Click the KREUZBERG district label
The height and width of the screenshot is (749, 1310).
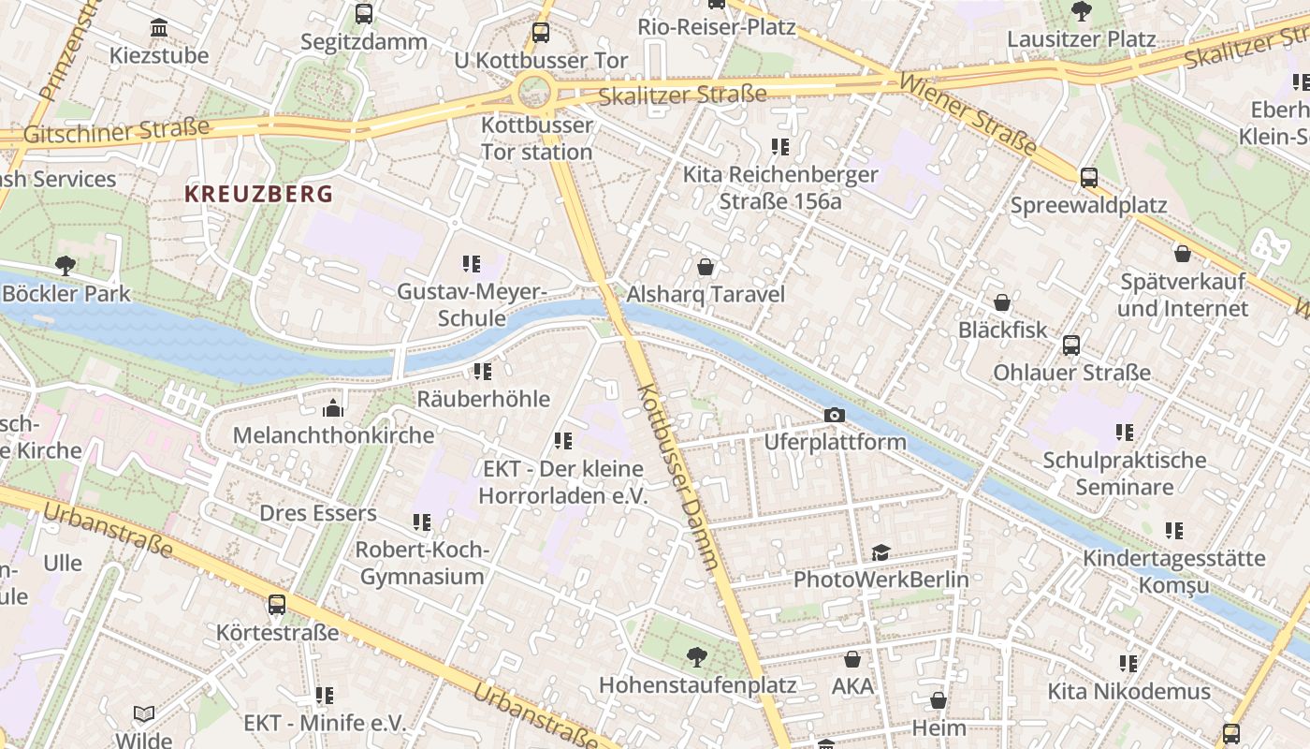point(258,194)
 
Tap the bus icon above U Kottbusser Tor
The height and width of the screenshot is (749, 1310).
point(541,33)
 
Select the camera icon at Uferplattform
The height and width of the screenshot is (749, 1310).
point(835,415)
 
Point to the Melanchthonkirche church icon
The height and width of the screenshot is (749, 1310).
point(332,408)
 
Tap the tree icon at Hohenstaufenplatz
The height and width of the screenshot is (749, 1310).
point(696,656)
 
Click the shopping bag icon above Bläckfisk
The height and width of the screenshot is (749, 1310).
point(1002,302)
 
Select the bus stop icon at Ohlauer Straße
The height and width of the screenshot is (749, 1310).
point(1071,345)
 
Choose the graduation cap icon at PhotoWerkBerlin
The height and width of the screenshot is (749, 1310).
point(881,552)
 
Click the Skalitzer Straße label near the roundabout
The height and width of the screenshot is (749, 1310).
point(682,95)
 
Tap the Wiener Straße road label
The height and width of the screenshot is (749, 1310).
point(968,115)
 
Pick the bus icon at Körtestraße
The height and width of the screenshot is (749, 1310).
point(277,605)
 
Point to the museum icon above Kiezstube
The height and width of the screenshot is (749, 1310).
point(159,28)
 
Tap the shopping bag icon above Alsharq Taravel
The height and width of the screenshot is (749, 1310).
point(706,267)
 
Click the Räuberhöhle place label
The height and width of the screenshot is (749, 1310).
point(483,399)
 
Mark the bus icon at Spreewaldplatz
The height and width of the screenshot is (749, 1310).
point(1089,177)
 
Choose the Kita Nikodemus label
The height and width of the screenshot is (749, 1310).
point(1128,692)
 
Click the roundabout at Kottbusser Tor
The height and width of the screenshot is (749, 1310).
point(533,92)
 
